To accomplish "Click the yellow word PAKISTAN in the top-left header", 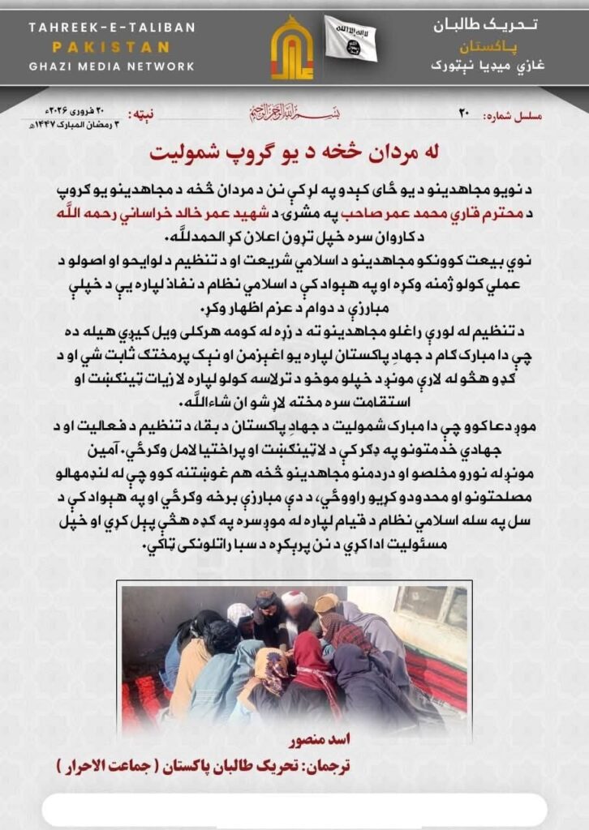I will [x=112, y=47].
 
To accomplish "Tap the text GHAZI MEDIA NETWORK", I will [x=112, y=66].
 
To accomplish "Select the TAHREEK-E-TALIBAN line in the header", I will [x=112, y=28].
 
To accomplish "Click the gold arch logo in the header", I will [x=291, y=49].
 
